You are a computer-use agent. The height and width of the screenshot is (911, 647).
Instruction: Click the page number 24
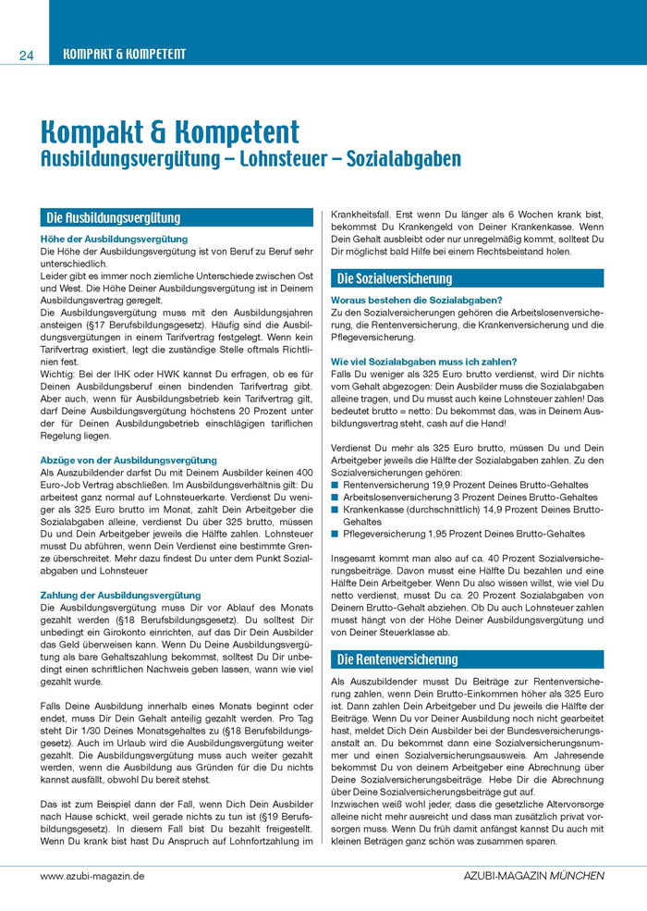point(26,55)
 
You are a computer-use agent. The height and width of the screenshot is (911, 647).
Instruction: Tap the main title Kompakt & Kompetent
point(170,130)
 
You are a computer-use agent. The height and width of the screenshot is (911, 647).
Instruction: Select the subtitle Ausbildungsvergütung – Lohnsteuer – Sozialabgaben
point(250,158)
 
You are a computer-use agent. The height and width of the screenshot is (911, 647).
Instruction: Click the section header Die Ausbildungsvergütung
point(114,218)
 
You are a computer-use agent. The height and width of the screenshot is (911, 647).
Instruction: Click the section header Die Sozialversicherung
point(395,278)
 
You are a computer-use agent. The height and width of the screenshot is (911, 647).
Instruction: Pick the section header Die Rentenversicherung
point(397,659)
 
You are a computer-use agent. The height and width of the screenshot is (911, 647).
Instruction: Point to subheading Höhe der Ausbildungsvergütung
point(114,239)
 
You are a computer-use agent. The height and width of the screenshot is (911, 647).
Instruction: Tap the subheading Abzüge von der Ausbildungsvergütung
point(128,460)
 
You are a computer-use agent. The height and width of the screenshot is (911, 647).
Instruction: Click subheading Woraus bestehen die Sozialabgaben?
point(416,300)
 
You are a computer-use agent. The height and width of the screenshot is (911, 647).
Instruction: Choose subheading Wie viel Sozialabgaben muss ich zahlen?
point(424,361)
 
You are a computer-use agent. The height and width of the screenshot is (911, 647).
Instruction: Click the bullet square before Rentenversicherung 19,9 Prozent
point(336,485)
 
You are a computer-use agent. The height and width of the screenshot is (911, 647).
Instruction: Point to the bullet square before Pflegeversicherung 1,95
point(336,534)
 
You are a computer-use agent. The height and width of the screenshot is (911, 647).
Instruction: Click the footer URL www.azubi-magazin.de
point(92,874)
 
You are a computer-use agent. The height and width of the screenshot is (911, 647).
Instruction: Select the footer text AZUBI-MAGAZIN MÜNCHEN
point(534,874)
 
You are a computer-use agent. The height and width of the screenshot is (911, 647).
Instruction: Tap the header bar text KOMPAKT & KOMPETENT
point(124,54)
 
